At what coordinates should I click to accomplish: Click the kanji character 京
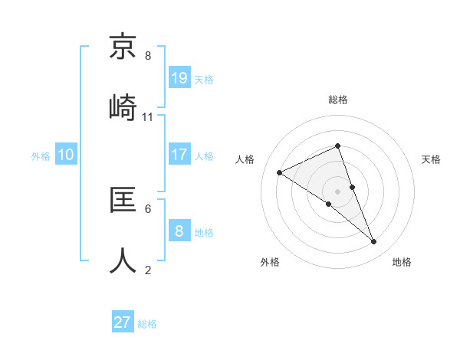[123, 48]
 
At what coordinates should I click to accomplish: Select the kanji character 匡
[123, 202]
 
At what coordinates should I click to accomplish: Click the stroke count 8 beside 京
[148, 56]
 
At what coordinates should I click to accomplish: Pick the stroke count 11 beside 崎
[148, 117]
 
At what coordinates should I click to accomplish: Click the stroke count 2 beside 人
[148, 270]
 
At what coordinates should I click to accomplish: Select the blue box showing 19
[179, 77]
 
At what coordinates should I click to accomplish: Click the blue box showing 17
[179, 154]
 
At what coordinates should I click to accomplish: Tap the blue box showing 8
[179, 231]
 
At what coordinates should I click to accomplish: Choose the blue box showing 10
[66, 155]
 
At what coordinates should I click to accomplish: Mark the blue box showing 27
[123, 322]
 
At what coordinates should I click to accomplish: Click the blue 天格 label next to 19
[204, 79]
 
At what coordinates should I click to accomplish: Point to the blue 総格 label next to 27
[147, 324]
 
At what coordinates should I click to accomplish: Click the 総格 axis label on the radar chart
[338, 100]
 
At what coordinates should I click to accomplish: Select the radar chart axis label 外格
[270, 262]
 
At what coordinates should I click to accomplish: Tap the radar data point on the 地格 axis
[374, 242]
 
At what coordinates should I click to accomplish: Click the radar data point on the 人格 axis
[280, 172]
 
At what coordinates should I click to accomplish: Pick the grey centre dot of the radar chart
[337, 191]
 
